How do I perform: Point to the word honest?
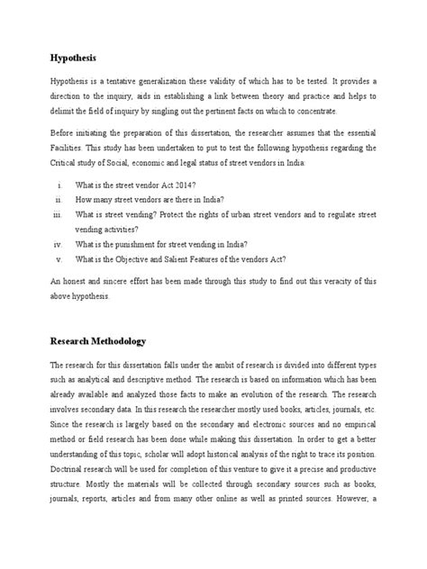(77, 282)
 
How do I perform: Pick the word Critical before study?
(68, 162)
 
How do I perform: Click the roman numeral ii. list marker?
(58, 198)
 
